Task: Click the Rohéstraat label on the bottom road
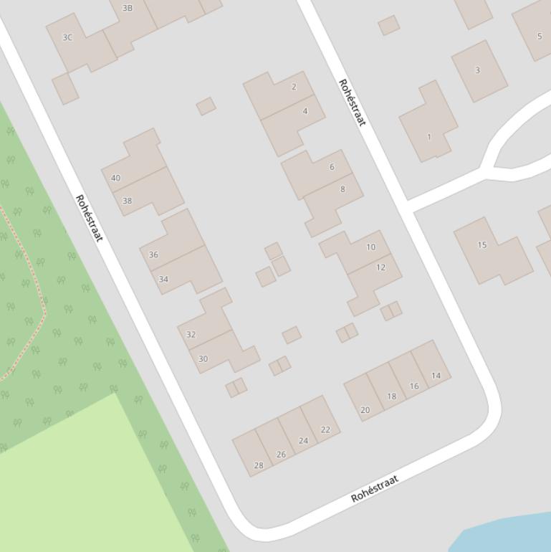pyautogui.click(x=374, y=488)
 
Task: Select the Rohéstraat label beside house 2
pyautogui.click(x=352, y=103)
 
